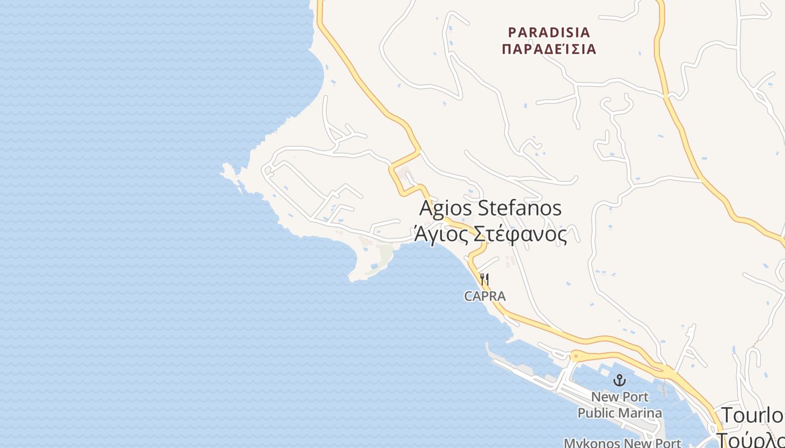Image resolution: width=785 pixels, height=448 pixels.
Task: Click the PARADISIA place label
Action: tap(548, 32)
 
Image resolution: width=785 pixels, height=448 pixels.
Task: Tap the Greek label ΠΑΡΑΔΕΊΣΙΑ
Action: tap(548, 49)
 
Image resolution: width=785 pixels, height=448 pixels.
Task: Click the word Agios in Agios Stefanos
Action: tap(446, 208)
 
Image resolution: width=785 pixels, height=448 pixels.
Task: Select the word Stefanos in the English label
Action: tap(520, 208)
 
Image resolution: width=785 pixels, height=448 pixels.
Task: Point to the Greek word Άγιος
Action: tap(441, 234)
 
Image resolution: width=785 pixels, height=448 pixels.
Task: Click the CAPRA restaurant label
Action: tap(485, 296)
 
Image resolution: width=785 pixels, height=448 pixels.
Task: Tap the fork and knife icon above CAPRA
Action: tap(485, 279)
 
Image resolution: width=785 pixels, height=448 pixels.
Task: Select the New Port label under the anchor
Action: tap(620, 397)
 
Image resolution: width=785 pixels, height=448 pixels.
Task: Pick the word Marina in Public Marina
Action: tap(643, 413)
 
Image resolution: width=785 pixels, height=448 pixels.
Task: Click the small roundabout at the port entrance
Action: tap(577, 356)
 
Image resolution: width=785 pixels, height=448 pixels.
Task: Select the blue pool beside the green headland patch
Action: tap(374, 265)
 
